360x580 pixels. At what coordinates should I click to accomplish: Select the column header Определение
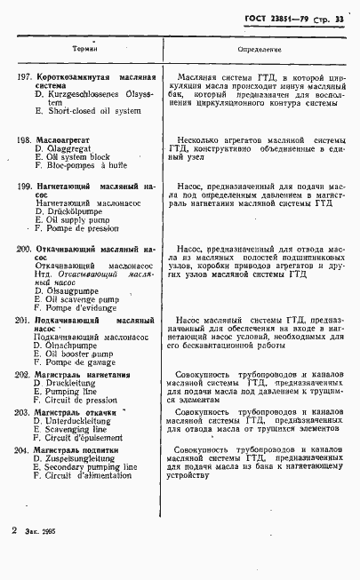[x=260, y=50]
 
